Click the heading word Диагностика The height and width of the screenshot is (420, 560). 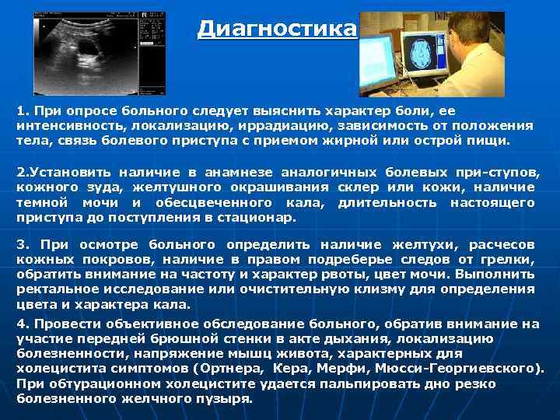click(277, 30)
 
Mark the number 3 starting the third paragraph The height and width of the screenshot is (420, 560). click(22, 244)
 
